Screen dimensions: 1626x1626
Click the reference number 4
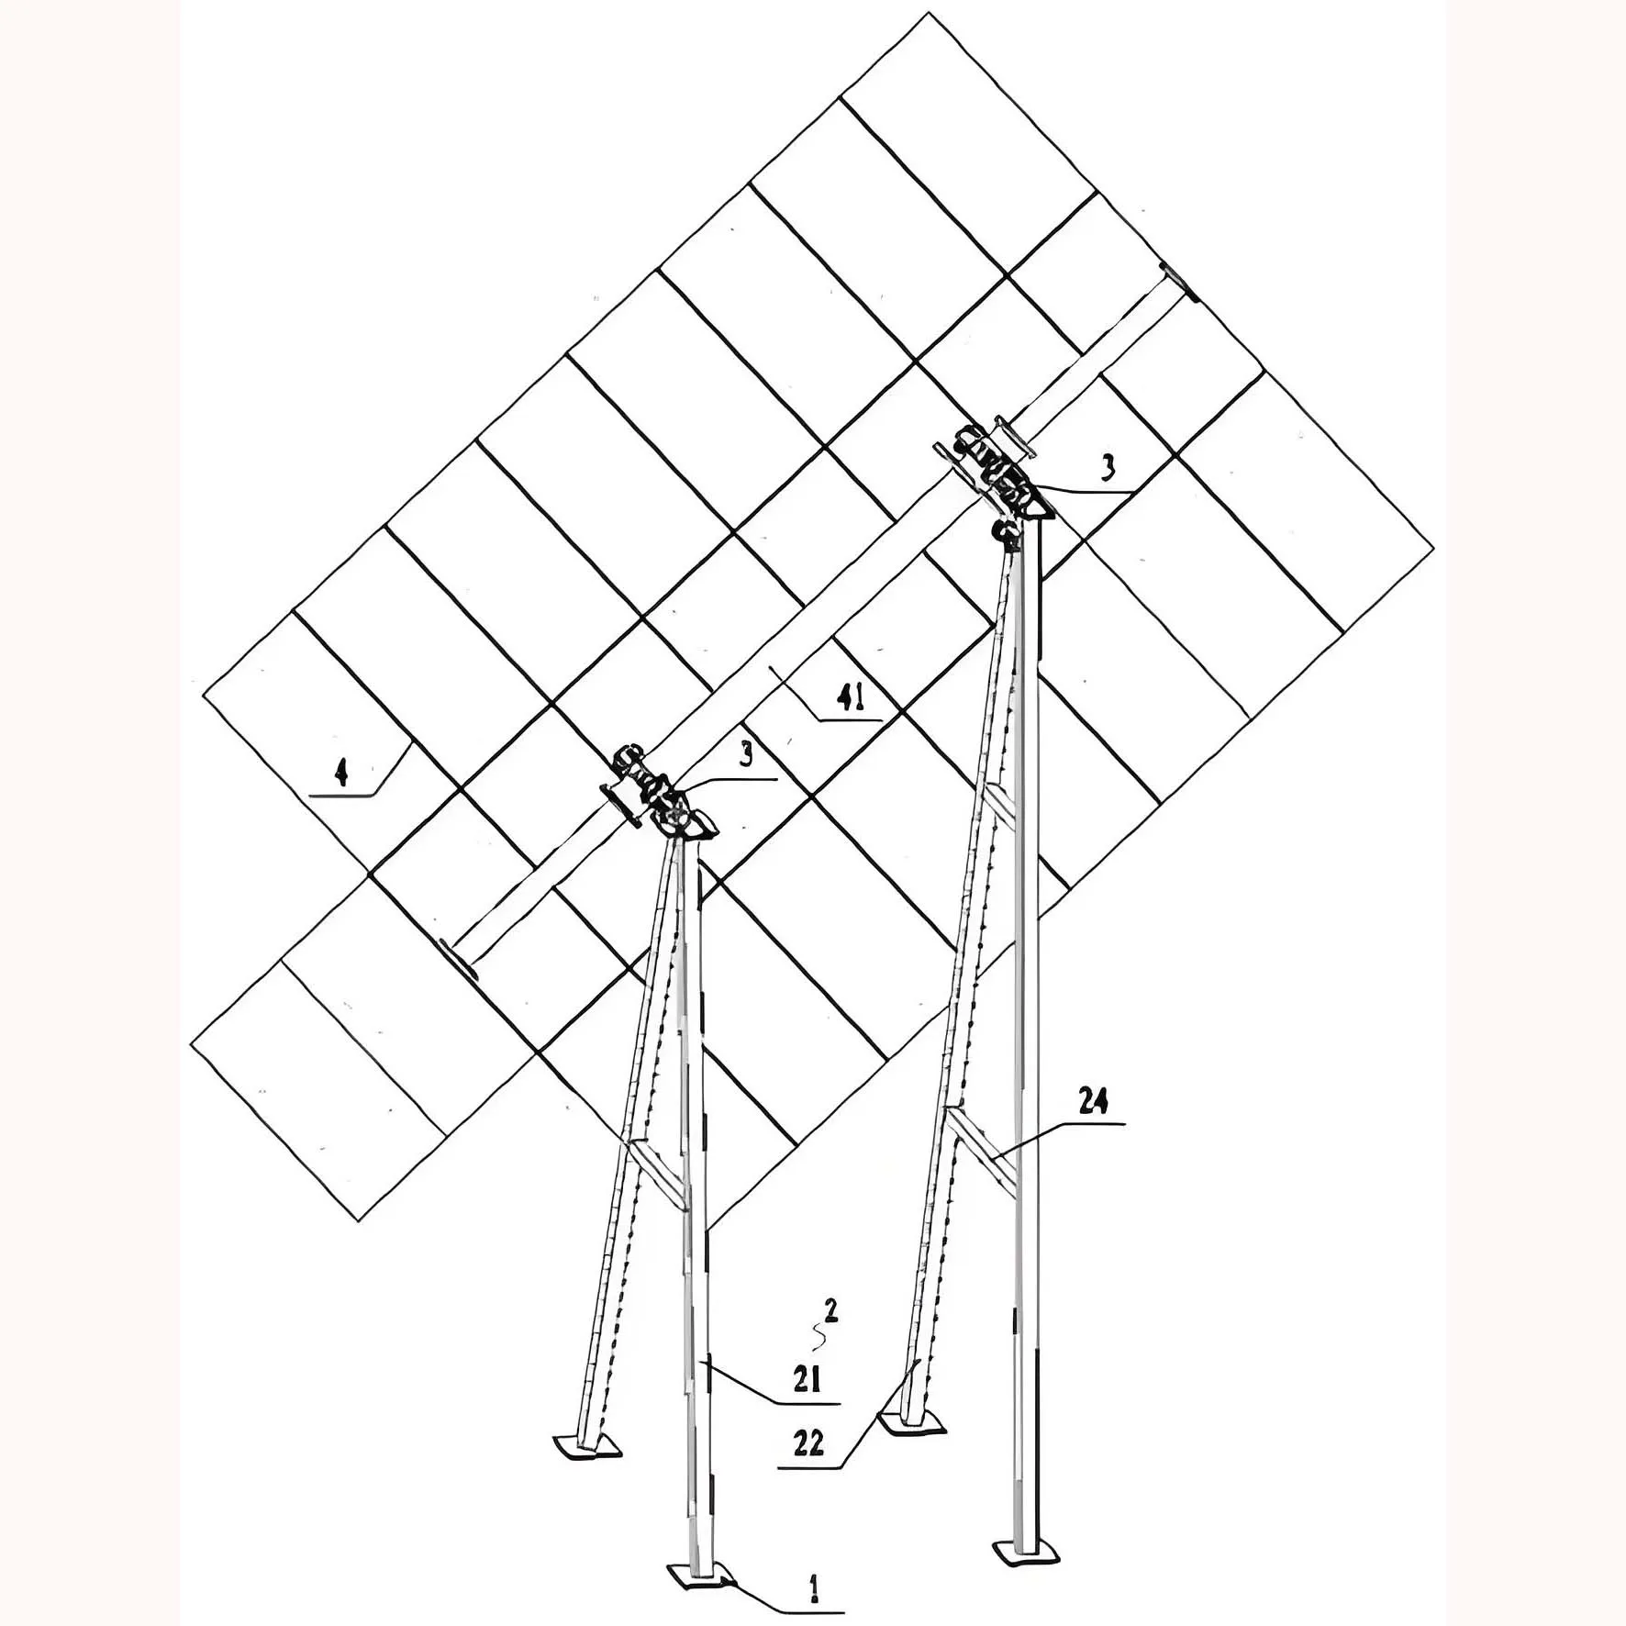click(x=341, y=774)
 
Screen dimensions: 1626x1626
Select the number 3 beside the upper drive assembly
click(x=1108, y=468)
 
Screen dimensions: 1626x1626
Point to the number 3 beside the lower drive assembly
click(x=746, y=755)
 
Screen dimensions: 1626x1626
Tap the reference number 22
click(x=808, y=1470)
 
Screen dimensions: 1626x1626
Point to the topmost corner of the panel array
click(x=928, y=14)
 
